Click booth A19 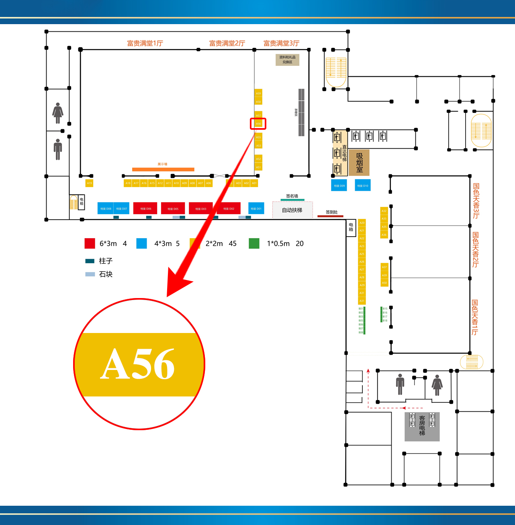coord(90,183)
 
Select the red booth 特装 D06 coord(145,208)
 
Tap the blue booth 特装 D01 coord(256,208)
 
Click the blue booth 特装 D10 coord(362,185)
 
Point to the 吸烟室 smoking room coord(359,163)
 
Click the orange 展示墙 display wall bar coord(163,169)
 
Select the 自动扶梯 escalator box coord(292,210)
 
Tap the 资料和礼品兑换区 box coord(287,59)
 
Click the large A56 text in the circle coord(137,364)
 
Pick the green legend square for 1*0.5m coord(254,243)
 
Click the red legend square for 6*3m coord(90,243)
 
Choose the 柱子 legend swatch coord(90,261)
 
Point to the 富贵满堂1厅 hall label coord(145,43)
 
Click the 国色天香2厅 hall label coord(476,249)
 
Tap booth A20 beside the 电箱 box coord(362,223)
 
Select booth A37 coord(384,267)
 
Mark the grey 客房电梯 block coord(422,426)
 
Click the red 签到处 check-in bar coord(330,216)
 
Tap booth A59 coord(258,93)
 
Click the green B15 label coord(384,308)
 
